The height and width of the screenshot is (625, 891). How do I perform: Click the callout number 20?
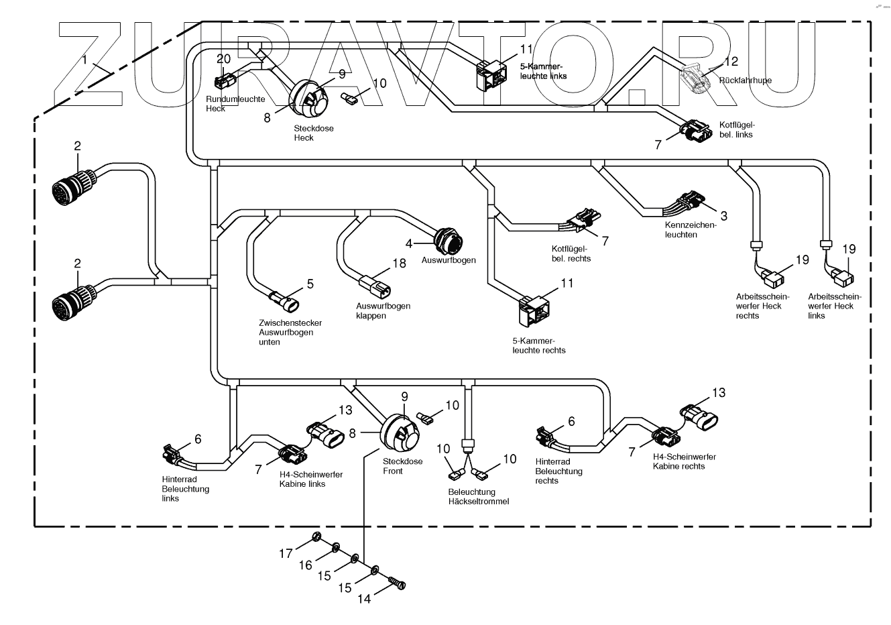(223, 59)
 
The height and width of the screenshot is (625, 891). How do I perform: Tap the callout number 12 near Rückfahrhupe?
(731, 62)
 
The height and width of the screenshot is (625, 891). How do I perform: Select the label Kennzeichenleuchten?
(691, 230)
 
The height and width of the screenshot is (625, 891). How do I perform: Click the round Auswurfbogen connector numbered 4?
(445, 240)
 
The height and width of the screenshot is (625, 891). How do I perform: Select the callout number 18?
(400, 264)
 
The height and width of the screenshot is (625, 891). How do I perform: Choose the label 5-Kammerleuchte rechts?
(538, 345)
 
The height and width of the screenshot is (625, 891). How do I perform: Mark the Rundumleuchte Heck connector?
(223, 82)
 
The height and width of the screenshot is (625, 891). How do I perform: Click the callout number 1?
(85, 60)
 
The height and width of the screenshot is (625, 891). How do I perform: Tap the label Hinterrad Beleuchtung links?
(185, 489)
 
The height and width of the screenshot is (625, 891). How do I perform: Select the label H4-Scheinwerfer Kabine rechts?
(684, 461)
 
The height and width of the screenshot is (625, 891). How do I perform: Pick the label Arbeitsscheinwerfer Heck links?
(834, 306)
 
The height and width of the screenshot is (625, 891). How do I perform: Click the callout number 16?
(306, 565)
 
